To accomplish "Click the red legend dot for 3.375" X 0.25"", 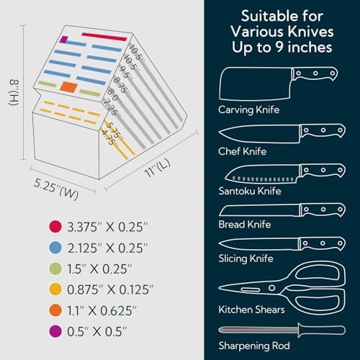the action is tap(55, 226).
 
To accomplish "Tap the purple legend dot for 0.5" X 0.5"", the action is tap(55, 331).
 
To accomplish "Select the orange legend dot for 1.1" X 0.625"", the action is tap(55, 310).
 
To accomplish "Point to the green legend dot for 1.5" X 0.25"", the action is tap(55, 269).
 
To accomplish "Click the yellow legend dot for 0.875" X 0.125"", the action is tap(55, 289).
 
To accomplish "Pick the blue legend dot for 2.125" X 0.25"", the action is tap(55, 248).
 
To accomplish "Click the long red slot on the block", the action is tap(104, 37).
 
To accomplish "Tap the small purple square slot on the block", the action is tap(63, 40).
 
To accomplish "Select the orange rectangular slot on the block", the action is tap(69, 87).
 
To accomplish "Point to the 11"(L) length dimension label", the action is tap(158, 168).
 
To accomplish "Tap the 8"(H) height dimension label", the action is tap(14, 92).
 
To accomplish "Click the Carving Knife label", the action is tap(249, 110).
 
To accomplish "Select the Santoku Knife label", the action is tap(250, 191).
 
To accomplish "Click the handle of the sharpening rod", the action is tap(322, 330).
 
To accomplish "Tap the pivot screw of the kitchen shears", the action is tap(271, 287).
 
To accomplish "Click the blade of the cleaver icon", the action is tap(255, 84).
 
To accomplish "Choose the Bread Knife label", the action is tap(245, 225).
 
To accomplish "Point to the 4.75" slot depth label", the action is tap(108, 138).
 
